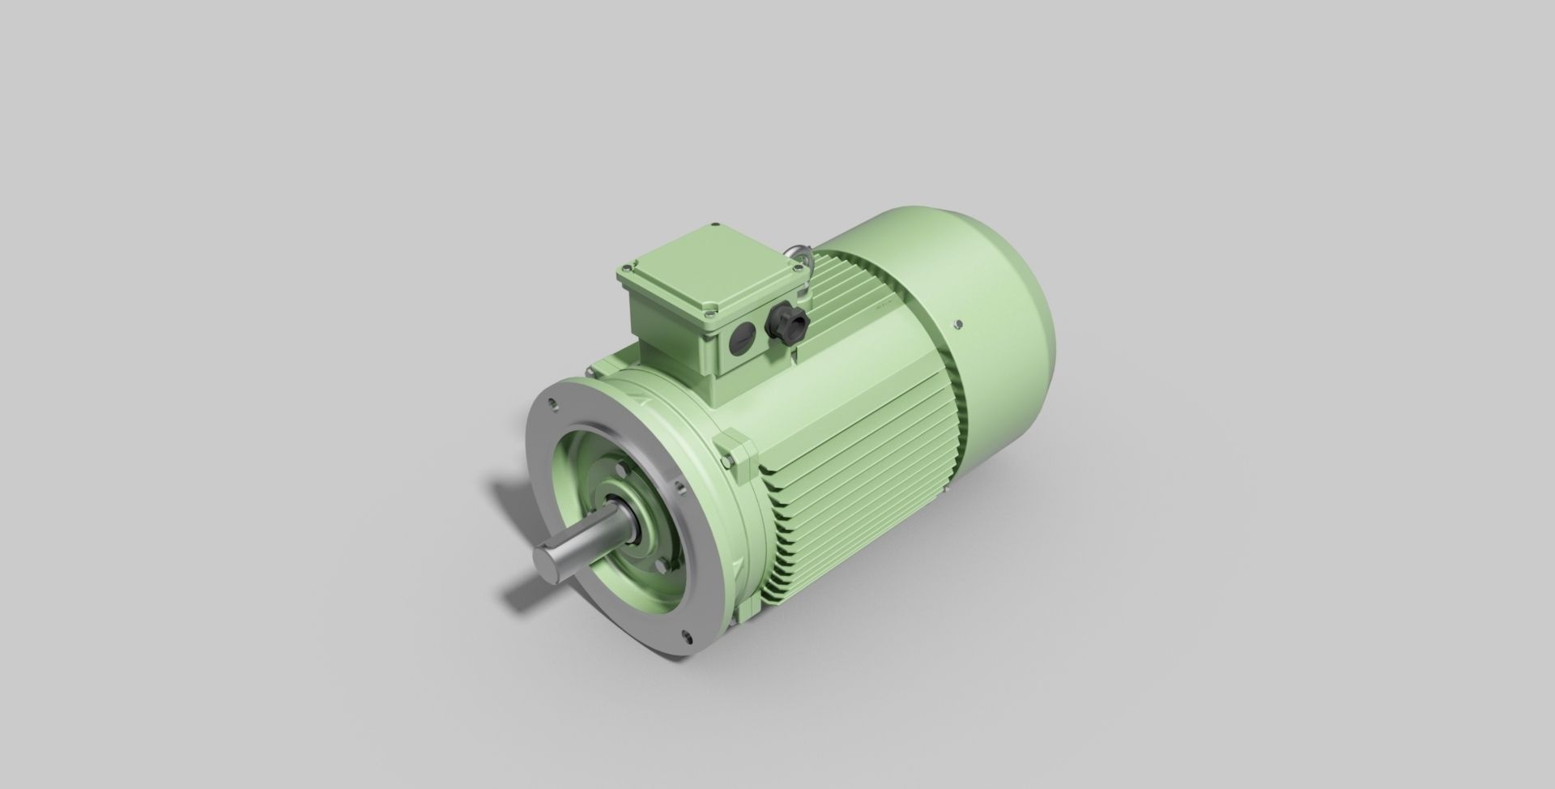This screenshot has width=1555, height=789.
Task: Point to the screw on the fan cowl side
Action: (x=958, y=324)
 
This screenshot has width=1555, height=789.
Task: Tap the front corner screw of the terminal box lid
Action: (x=710, y=305)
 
